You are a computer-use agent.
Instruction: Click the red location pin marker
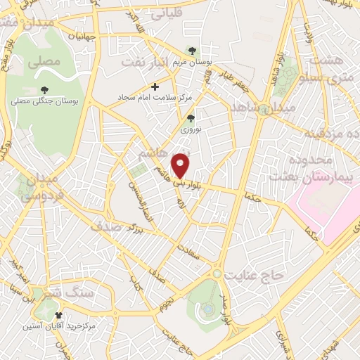tap(182, 165)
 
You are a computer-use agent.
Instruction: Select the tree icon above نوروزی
tap(190, 118)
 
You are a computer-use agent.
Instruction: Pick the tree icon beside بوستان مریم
tap(194, 51)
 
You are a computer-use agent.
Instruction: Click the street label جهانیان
tap(81, 36)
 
